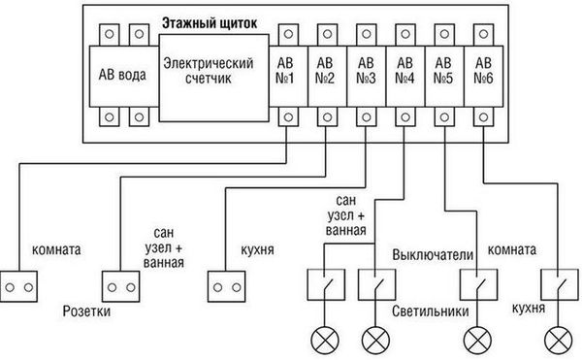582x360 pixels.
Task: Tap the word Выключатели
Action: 433,254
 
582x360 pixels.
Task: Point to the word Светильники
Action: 433,312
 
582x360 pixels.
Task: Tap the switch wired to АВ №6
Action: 556,284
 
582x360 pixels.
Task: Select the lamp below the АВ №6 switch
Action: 556,339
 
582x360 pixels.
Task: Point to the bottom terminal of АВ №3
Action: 366,117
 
